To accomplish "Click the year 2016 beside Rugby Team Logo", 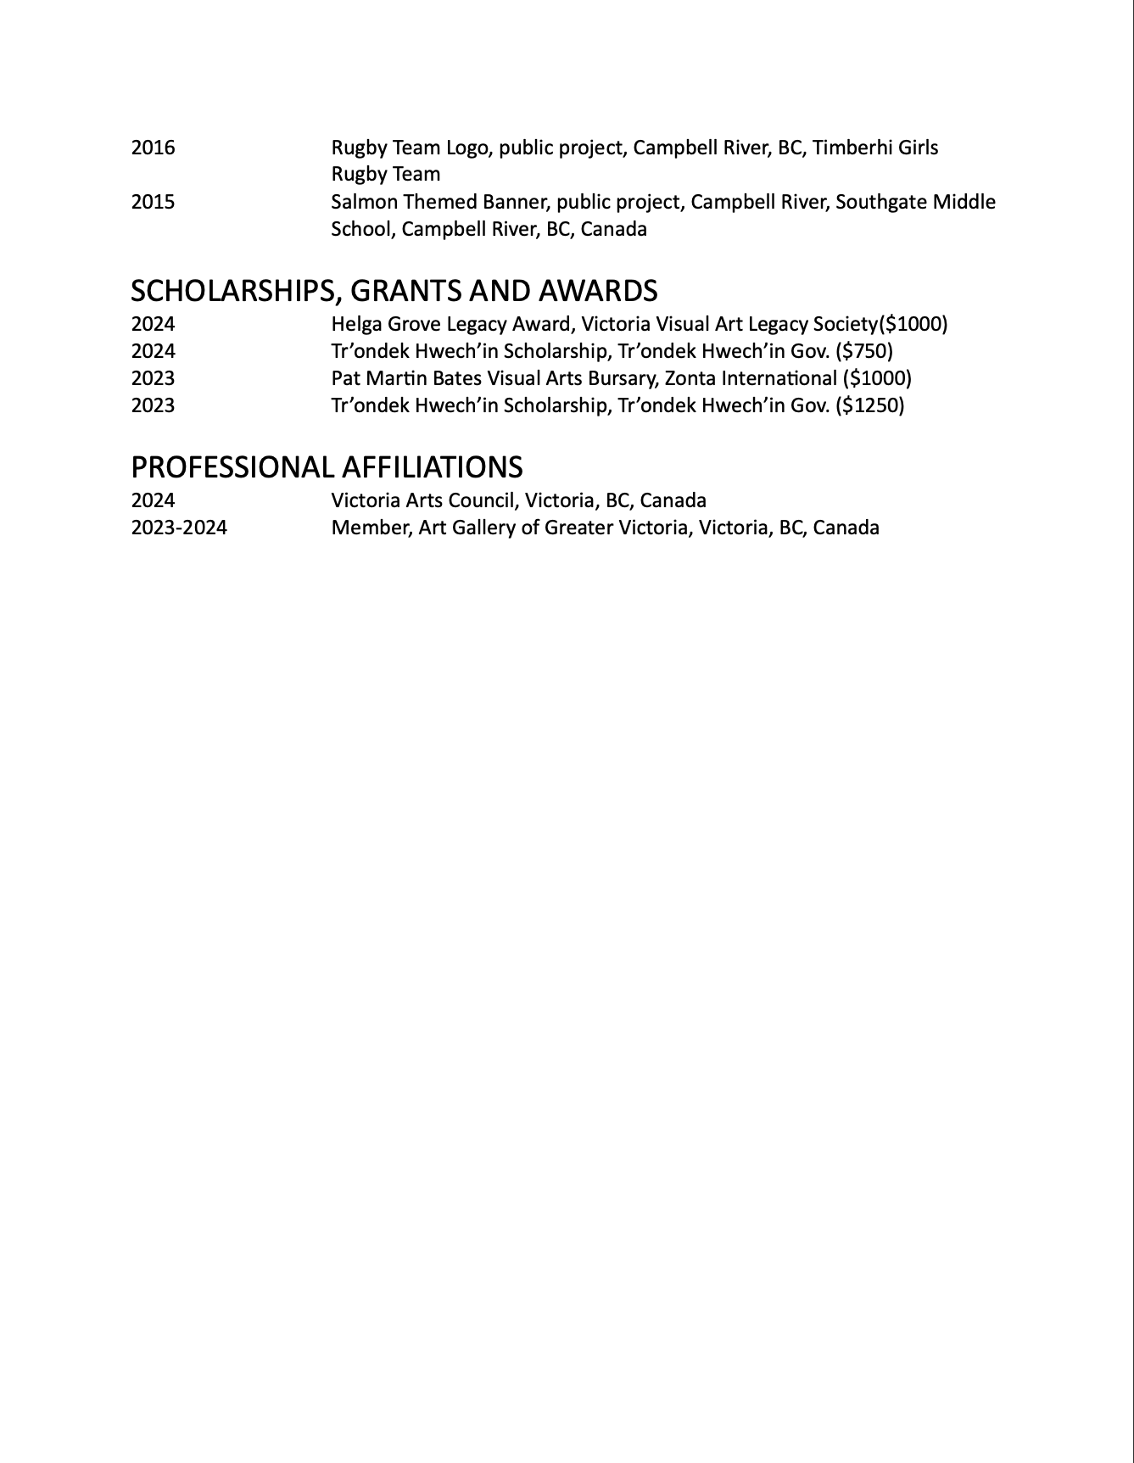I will click(x=153, y=148).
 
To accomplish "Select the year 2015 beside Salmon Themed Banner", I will click(x=153, y=202).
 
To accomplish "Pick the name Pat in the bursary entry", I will click(x=345, y=378).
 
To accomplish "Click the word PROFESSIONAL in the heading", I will click(x=232, y=467).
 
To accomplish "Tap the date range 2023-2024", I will click(x=179, y=528).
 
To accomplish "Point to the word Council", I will click(x=482, y=500).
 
